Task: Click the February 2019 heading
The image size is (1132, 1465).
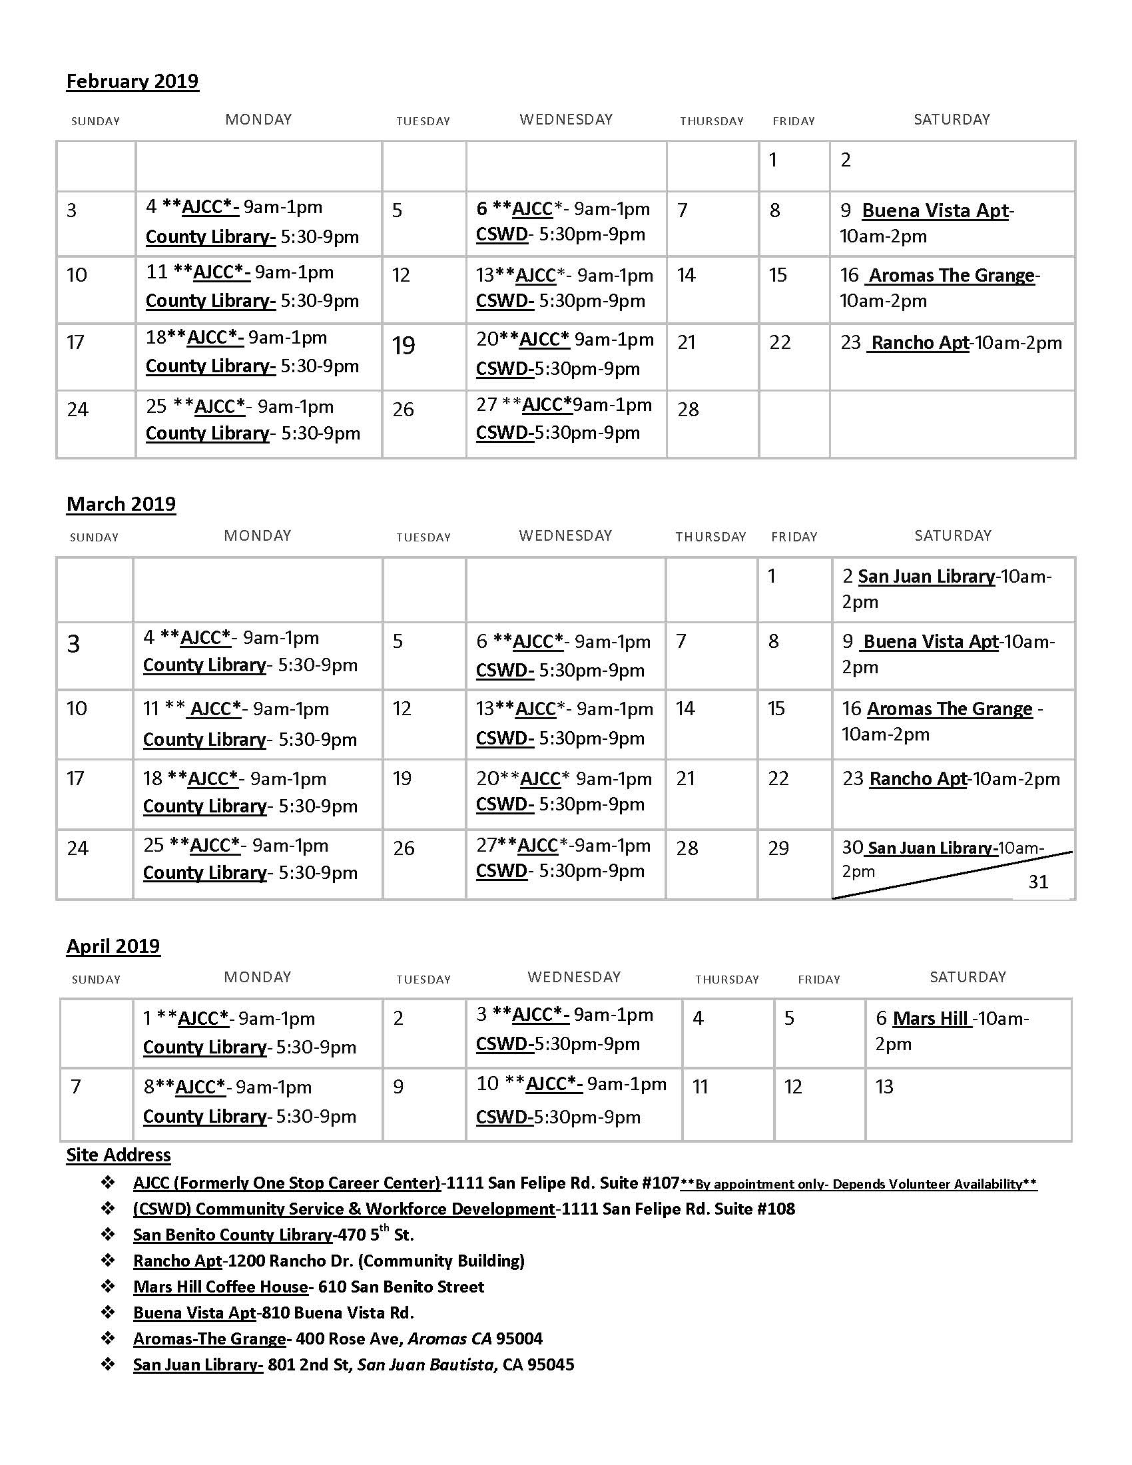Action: [x=132, y=81]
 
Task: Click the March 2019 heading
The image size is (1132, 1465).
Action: [x=121, y=504]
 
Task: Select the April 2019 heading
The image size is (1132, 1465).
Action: [x=113, y=946]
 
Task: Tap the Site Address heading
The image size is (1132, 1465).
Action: [x=118, y=1155]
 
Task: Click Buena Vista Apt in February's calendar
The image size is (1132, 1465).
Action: [x=935, y=210]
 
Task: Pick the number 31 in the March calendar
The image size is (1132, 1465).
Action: [x=1037, y=882]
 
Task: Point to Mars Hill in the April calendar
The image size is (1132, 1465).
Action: [x=930, y=1018]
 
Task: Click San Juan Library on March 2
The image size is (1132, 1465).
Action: [x=926, y=576]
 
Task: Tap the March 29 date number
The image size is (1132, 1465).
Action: [x=778, y=848]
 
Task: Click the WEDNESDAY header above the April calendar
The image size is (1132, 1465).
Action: [x=574, y=977]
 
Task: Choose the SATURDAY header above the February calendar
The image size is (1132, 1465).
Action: [x=952, y=119]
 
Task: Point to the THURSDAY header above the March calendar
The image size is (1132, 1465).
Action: [x=710, y=537]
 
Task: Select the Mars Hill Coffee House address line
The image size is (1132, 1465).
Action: [x=308, y=1287]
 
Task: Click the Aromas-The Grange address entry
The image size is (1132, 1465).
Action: [x=338, y=1338]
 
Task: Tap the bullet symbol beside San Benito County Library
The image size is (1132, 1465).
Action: [x=108, y=1234]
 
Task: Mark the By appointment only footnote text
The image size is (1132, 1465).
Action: [x=858, y=1184]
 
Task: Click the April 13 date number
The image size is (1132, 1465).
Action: [x=884, y=1086]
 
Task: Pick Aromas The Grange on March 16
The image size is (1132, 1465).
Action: [x=949, y=709]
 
